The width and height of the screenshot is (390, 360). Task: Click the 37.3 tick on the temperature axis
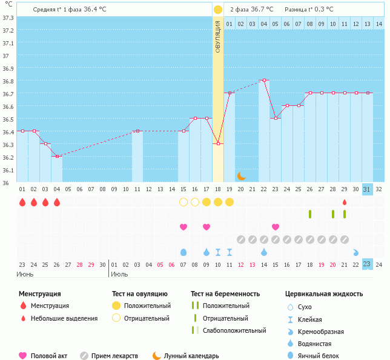click(8, 17)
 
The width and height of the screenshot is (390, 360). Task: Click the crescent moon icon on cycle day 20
click(241, 175)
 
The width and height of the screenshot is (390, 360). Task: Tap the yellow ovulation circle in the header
click(217, 10)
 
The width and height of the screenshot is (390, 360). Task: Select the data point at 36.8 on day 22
click(264, 80)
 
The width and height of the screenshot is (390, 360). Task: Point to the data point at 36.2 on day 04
click(57, 156)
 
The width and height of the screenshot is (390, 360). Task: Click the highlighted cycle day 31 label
click(367, 189)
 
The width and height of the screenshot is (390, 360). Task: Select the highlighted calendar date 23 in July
click(367, 264)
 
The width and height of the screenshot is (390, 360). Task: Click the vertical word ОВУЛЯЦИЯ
click(218, 37)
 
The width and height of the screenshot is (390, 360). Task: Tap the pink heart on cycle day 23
click(276, 227)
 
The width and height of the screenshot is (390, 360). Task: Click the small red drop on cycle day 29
click(345, 202)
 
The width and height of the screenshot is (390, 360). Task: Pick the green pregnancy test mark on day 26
click(310, 214)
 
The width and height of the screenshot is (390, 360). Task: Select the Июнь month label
click(25, 274)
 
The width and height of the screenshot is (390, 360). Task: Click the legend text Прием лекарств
click(114, 356)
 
